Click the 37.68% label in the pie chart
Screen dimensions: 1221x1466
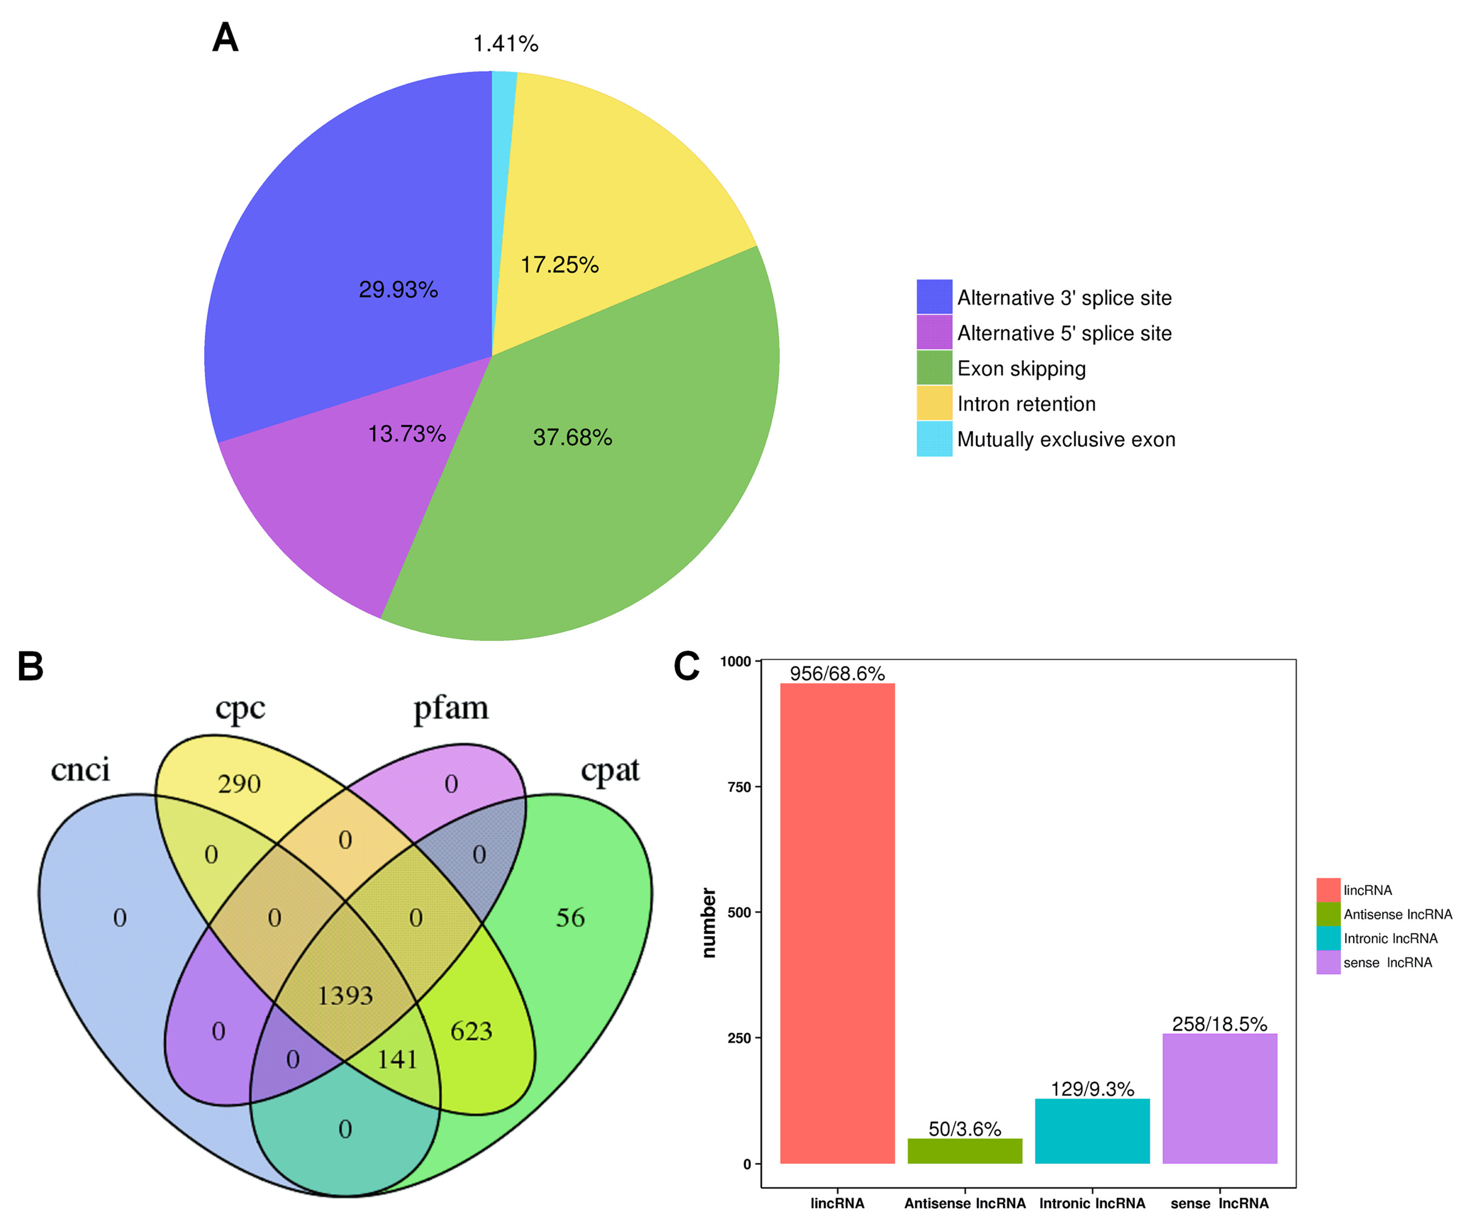coord(572,438)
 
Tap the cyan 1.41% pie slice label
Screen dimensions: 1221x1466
coord(505,44)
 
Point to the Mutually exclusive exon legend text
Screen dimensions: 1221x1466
coord(1066,440)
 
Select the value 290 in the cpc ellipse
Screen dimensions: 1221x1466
coord(239,784)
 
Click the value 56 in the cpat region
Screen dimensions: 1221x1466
coord(570,917)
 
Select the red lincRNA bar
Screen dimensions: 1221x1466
coord(837,922)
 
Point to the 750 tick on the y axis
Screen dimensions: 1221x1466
coord(739,787)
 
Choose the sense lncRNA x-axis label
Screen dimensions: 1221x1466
coord(1220,1203)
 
